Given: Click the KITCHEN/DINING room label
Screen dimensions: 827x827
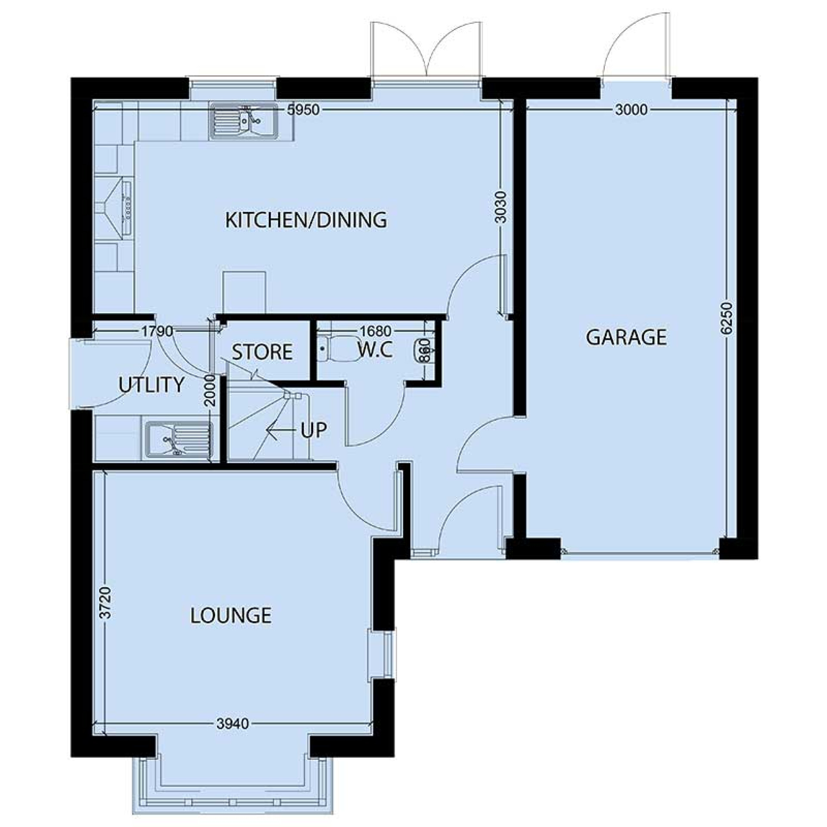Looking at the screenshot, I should coord(306,220).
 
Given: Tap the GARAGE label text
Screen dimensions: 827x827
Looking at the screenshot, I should coord(626,337).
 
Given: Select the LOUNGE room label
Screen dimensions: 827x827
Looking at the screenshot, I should coord(231,616).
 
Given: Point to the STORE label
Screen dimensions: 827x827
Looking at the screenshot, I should coord(262,352).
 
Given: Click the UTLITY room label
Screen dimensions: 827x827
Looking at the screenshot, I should coord(152,385).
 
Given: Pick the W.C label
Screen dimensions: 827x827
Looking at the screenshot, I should coord(375,350).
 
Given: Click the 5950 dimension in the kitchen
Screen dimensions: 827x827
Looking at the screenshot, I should coord(304,110).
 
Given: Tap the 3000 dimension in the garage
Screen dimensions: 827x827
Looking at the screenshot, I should coord(631,110).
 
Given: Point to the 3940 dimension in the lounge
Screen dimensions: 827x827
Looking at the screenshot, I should coord(233,724).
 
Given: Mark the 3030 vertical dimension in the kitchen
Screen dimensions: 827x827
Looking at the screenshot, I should coord(501,207).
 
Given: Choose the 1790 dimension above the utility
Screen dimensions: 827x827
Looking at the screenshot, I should coord(157,331).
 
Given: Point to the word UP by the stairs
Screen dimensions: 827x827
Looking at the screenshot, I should coord(314,430).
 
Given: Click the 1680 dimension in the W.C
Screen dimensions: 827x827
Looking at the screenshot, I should coord(376,331).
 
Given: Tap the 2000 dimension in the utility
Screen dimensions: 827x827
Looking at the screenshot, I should coord(209,390).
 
